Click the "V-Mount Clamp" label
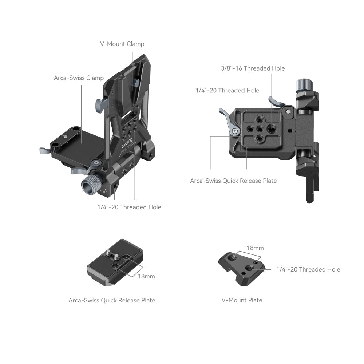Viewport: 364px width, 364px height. (x=122, y=44)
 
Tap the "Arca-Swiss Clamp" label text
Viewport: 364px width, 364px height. (x=79, y=78)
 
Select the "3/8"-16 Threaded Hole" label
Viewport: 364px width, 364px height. (x=253, y=68)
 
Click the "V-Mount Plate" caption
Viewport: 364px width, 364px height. (x=242, y=300)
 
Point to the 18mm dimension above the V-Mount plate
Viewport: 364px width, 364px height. (x=255, y=248)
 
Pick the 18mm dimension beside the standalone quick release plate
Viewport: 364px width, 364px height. (x=146, y=276)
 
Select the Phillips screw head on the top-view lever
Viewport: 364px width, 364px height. (x=236, y=131)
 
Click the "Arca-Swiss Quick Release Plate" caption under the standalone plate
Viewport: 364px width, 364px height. (x=112, y=300)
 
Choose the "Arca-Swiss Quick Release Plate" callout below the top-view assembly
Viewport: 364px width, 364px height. (x=233, y=181)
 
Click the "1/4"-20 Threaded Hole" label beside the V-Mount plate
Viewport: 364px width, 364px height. (x=308, y=269)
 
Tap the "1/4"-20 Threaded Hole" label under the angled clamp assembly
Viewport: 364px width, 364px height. (x=129, y=207)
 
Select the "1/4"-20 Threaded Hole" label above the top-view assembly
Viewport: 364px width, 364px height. (x=227, y=90)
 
